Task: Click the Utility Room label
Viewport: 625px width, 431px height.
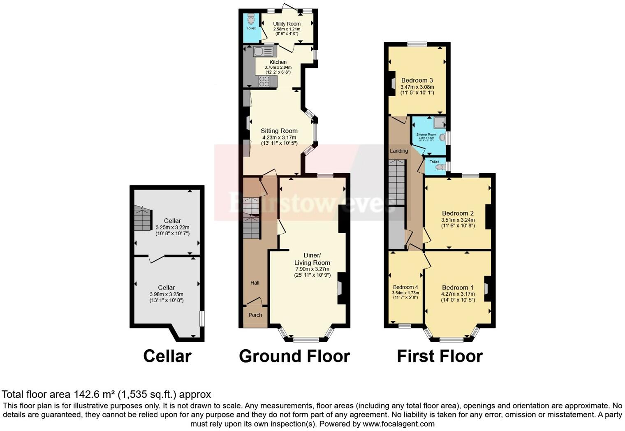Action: pyautogui.click(x=287, y=24)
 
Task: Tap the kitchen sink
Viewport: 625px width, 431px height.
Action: pyautogui.click(x=263, y=52)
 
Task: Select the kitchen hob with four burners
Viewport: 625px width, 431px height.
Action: pyautogui.click(x=264, y=81)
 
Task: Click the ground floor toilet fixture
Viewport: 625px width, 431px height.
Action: pyautogui.click(x=251, y=19)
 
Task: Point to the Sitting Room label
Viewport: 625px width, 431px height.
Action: pyautogui.click(x=279, y=131)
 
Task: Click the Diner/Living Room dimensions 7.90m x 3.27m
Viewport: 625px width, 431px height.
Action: pyautogui.click(x=312, y=269)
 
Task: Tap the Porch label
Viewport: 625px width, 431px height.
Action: pyautogui.click(x=255, y=315)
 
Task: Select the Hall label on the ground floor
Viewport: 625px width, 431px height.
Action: pyautogui.click(x=255, y=283)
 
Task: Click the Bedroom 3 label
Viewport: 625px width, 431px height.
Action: pyautogui.click(x=417, y=80)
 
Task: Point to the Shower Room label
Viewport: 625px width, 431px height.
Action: pyautogui.click(x=426, y=134)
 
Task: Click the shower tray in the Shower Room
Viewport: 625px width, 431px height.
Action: pyautogui.click(x=439, y=122)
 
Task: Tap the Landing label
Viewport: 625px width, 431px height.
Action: pyautogui.click(x=399, y=151)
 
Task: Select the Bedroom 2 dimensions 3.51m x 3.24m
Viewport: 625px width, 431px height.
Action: pyautogui.click(x=458, y=220)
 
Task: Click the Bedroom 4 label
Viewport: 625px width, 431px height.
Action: pyautogui.click(x=405, y=287)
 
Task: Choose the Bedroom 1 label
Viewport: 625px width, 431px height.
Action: pyautogui.click(x=458, y=287)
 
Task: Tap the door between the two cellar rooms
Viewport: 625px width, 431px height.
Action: pyautogui.click(x=156, y=258)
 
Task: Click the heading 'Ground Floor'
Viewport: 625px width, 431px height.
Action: pyautogui.click(x=294, y=356)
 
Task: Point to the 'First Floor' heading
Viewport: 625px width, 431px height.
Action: pyautogui.click(x=440, y=356)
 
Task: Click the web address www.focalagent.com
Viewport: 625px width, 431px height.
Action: pyautogui.click(x=398, y=424)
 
